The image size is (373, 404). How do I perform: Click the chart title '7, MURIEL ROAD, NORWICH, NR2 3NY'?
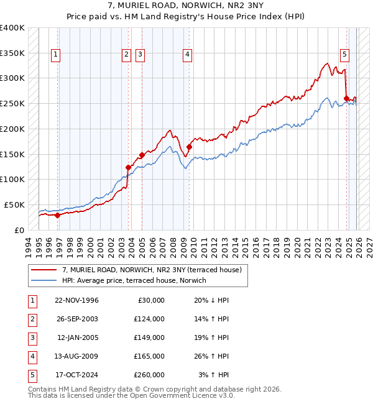(x=186, y=7)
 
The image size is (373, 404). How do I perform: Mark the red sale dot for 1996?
(x=58, y=215)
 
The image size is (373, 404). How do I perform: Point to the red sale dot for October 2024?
(x=346, y=98)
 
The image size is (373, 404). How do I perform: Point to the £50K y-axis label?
(x=15, y=204)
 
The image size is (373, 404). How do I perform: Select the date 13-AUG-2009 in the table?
(x=78, y=356)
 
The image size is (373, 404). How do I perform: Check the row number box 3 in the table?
(x=32, y=337)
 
